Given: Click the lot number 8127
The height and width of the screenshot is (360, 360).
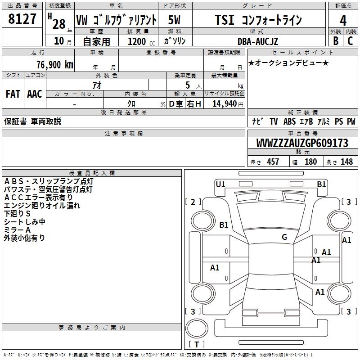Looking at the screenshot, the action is point(22,19).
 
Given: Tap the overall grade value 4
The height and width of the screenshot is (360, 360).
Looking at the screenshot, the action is point(343,20).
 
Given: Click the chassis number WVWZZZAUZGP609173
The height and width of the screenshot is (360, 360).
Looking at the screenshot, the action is point(302,144).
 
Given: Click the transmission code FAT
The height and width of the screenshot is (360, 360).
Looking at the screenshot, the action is point(13,94).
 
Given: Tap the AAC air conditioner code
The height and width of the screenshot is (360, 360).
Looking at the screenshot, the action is point(35,94).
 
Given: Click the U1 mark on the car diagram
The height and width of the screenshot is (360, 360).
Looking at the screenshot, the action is point(220,184).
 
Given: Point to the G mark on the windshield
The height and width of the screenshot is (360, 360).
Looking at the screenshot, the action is point(284,237).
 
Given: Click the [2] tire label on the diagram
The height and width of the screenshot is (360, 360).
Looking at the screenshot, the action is point(193,202).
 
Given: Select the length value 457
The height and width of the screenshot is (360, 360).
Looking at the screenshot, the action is point(273,162).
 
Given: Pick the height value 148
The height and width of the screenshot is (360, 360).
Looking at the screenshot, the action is point(346,162).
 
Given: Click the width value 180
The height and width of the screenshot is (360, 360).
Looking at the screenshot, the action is point(310,162).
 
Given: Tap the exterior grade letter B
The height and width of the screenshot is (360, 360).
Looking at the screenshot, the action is point(335,41).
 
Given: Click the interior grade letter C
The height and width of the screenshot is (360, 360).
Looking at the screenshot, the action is point(350,41).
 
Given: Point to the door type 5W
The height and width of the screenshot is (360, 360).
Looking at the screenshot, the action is point(175,20).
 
